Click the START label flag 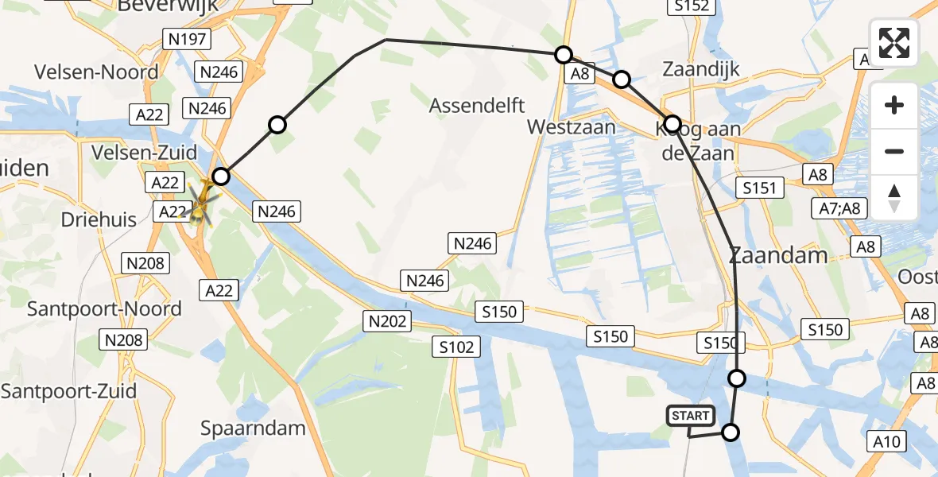(x=690, y=416)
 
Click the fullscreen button (x=894, y=43)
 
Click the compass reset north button (x=894, y=198)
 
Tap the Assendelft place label (x=478, y=106)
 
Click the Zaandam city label (x=778, y=256)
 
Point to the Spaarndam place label (x=253, y=429)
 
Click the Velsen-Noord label (x=96, y=72)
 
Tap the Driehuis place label (x=99, y=220)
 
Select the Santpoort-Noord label (x=104, y=309)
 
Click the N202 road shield (x=388, y=321)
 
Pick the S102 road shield (x=456, y=347)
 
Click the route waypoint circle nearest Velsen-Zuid (x=220, y=176)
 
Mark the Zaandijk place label (x=702, y=69)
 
